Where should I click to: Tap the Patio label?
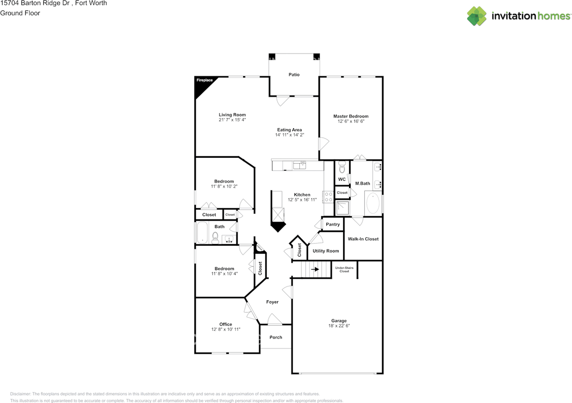[294, 75]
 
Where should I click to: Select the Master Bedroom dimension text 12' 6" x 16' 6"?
[351, 121]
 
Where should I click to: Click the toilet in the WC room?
[342, 168]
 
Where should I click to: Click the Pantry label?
[333, 224]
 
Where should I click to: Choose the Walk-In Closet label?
[363, 239]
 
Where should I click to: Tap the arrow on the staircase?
[315, 269]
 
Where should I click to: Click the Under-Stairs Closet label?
[344, 269]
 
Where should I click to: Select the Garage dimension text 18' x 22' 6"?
[339, 326]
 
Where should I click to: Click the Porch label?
[276, 337]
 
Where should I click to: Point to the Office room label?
[226, 324]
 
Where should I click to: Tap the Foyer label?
[272, 302]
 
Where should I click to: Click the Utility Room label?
[326, 251]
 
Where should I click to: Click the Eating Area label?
[289, 130]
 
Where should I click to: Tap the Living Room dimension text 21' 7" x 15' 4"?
[232, 120]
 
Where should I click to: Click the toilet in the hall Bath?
[215, 238]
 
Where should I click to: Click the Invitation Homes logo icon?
[477, 16]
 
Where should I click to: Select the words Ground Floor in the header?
[20, 13]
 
